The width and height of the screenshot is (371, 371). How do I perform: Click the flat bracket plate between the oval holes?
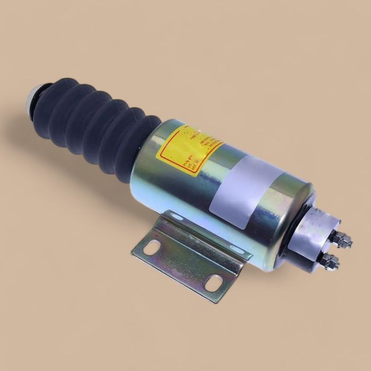(x=183, y=265)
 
